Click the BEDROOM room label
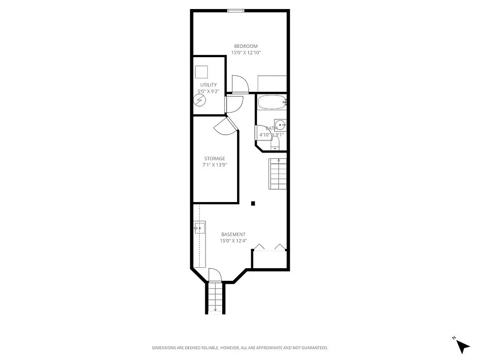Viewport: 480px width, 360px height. (x=246, y=46)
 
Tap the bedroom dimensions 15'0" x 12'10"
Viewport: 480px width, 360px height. (x=246, y=53)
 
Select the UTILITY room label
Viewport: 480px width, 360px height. (x=208, y=85)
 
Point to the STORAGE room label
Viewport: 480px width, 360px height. (x=215, y=159)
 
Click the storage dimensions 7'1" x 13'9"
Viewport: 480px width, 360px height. (x=215, y=165)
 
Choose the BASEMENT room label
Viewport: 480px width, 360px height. (x=233, y=234)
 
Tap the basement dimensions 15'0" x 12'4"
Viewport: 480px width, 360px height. (x=233, y=241)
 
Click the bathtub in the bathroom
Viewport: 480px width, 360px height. (x=271, y=102)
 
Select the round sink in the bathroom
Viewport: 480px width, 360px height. (x=280, y=125)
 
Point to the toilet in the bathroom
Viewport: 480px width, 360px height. (x=275, y=144)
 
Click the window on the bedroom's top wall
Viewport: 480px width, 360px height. (x=236, y=10)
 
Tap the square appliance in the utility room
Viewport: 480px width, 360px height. (x=202, y=72)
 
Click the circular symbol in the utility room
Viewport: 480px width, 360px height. (x=200, y=100)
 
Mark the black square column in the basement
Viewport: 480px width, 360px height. (x=253, y=203)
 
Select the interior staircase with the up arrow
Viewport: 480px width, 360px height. (x=278, y=174)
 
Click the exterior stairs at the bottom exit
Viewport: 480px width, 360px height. (x=215, y=297)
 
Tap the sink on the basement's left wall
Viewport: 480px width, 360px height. (x=199, y=229)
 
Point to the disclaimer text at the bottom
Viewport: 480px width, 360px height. (x=239, y=348)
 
